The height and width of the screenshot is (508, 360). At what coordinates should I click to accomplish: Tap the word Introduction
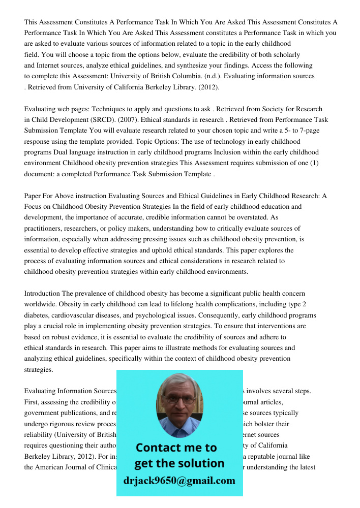pos(42,294)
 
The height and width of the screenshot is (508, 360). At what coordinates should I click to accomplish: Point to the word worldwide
pos(40,304)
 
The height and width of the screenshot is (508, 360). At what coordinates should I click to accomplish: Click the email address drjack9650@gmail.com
pos(179,481)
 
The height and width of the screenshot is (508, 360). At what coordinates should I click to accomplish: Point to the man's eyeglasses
pos(179,399)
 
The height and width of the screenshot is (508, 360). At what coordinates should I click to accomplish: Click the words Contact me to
pos(176,448)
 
